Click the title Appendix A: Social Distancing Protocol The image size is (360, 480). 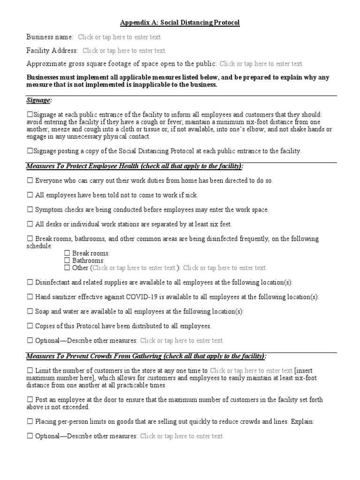coord(180,22)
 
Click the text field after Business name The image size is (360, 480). coord(120,37)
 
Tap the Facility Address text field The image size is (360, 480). coord(124,51)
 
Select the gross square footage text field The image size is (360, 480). coord(261,64)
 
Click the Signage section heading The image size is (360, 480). coord(39,101)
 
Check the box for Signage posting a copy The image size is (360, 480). coord(30,151)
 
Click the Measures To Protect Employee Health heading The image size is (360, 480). coord(135,167)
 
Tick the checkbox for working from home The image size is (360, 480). coord(30,180)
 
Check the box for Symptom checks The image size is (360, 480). coord(30,210)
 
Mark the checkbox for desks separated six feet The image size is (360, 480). coord(30,224)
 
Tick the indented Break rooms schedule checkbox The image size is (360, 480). coord(67,253)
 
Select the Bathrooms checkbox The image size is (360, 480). coord(67,261)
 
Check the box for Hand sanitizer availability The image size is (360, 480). coord(30,297)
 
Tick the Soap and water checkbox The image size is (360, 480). coord(30,311)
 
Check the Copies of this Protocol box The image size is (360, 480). coord(30,326)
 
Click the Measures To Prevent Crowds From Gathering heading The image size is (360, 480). coord(146,356)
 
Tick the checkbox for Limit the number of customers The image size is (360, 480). coord(30,371)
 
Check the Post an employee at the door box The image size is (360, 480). coord(30,400)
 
